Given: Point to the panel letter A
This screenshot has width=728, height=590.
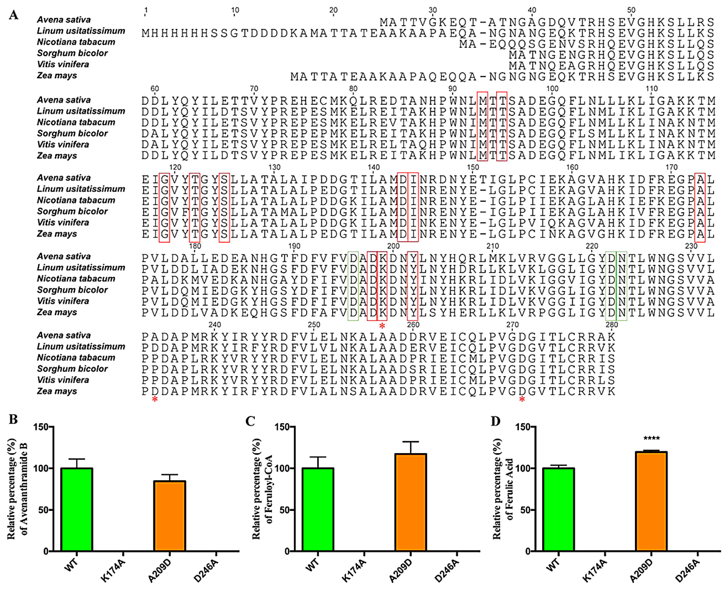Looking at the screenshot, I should coord(14,15).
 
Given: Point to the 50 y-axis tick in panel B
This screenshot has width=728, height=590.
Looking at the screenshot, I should coord(43,510).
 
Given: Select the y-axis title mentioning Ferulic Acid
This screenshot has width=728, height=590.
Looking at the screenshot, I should coord(503,489).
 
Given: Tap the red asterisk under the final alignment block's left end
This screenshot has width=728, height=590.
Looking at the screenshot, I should coord(155,399).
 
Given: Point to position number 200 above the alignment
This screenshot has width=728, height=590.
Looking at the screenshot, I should coord(393,246).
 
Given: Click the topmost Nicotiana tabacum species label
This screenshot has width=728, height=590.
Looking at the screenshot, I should coord(76,42).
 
